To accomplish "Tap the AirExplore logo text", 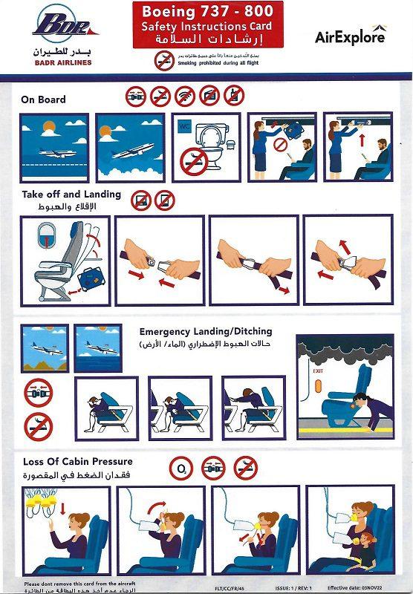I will (350, 36).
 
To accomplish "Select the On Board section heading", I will (43, 99).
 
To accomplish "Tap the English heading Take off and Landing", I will (71, 195).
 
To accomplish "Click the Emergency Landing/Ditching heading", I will (206, 331).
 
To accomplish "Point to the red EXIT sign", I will (318, 370).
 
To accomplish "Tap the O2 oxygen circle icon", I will (180, 468).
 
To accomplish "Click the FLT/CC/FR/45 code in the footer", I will (228, 586).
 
